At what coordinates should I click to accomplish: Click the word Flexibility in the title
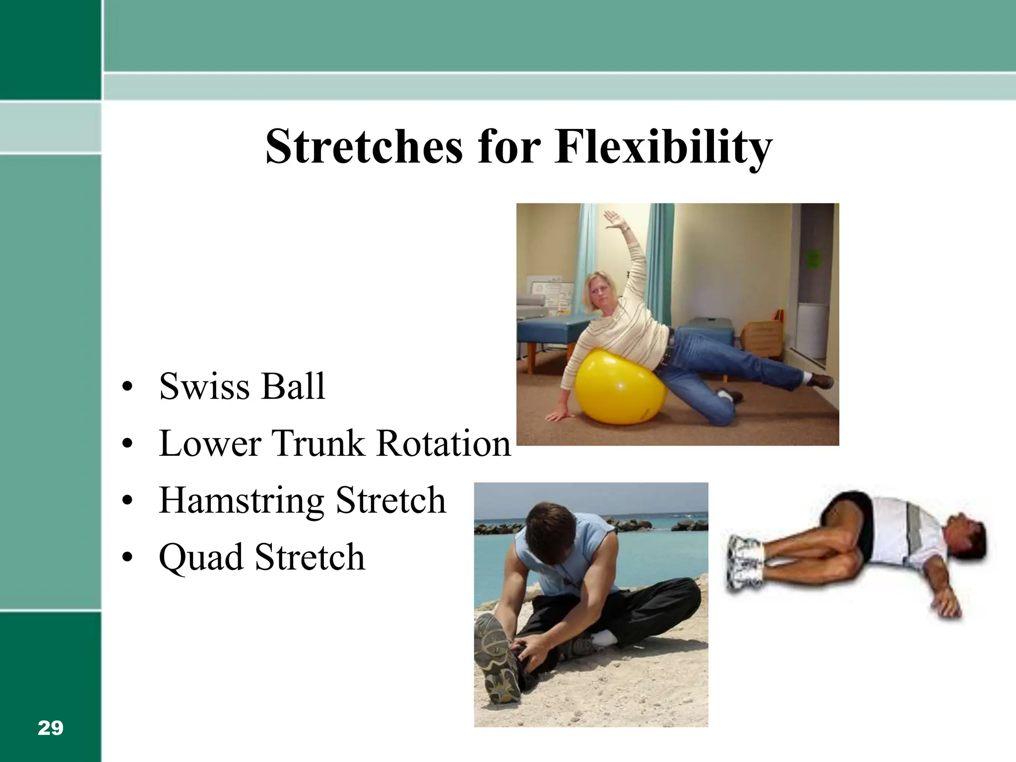(x=663, y=147)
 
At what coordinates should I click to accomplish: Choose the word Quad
(x=201, y=557)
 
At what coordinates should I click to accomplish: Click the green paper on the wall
(x=814, y=258)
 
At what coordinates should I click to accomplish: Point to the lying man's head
(x=965, y=538)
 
